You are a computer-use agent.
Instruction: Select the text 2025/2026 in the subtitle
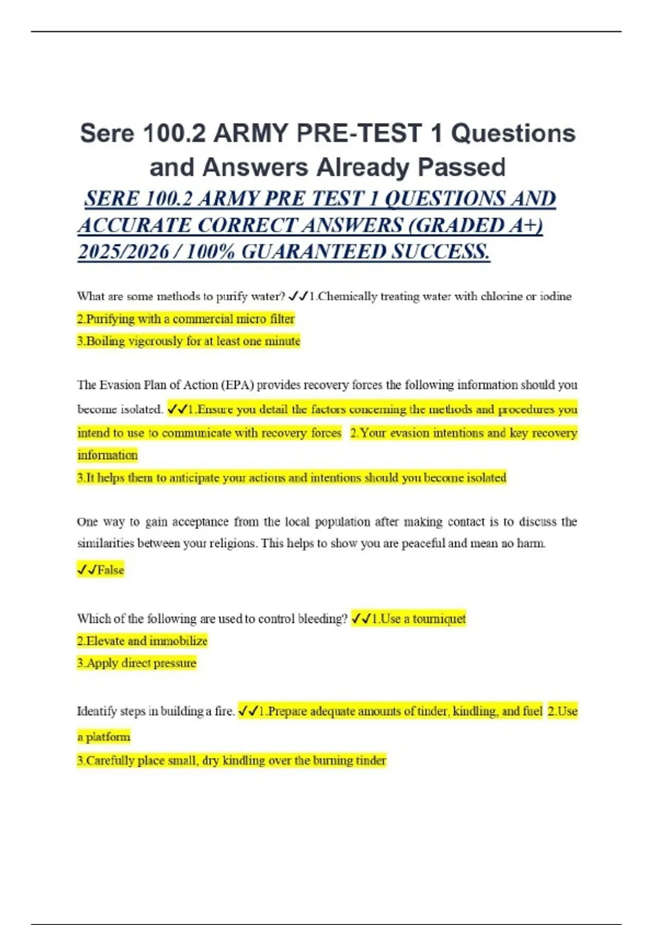point(123,252)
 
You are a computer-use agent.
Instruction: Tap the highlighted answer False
point(110,570)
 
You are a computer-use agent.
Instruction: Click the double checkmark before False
point(87,570)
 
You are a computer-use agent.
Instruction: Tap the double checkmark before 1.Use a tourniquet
point(361,619)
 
